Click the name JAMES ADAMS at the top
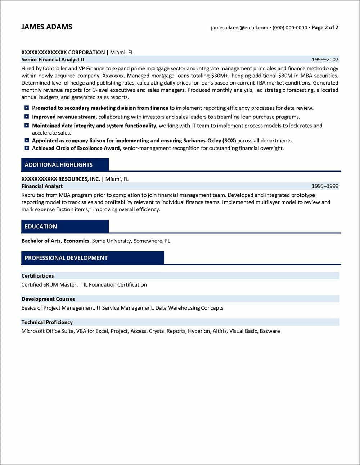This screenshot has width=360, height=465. coord(47,27)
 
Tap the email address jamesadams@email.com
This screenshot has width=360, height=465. coord(239,28)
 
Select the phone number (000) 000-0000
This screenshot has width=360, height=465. coord(290,28)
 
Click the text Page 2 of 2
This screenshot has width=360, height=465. coord(325,28)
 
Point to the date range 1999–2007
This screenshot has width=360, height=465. coord(325,60)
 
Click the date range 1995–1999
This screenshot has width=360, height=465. coord(325,186)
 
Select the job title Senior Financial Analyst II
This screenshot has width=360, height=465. coord(53,60)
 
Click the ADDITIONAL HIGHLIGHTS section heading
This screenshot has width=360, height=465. coord(59,165)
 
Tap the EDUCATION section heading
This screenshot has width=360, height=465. coord(41,227)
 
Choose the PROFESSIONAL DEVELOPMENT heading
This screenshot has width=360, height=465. coord(66,258)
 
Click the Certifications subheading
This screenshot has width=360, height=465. coord(37,276)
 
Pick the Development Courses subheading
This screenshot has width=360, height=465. coord(48,299)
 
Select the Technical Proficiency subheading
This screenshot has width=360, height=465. coord(47,322)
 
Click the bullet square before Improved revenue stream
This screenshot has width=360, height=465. coord(27,117)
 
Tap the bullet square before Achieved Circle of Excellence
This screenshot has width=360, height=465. coord(27,148)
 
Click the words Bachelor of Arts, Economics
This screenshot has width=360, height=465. coord(55,241)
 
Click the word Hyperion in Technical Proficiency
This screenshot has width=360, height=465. coord(199,331)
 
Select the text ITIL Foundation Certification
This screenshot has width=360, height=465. coord(113,285)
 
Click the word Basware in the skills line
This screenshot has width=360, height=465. coord(270,331)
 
